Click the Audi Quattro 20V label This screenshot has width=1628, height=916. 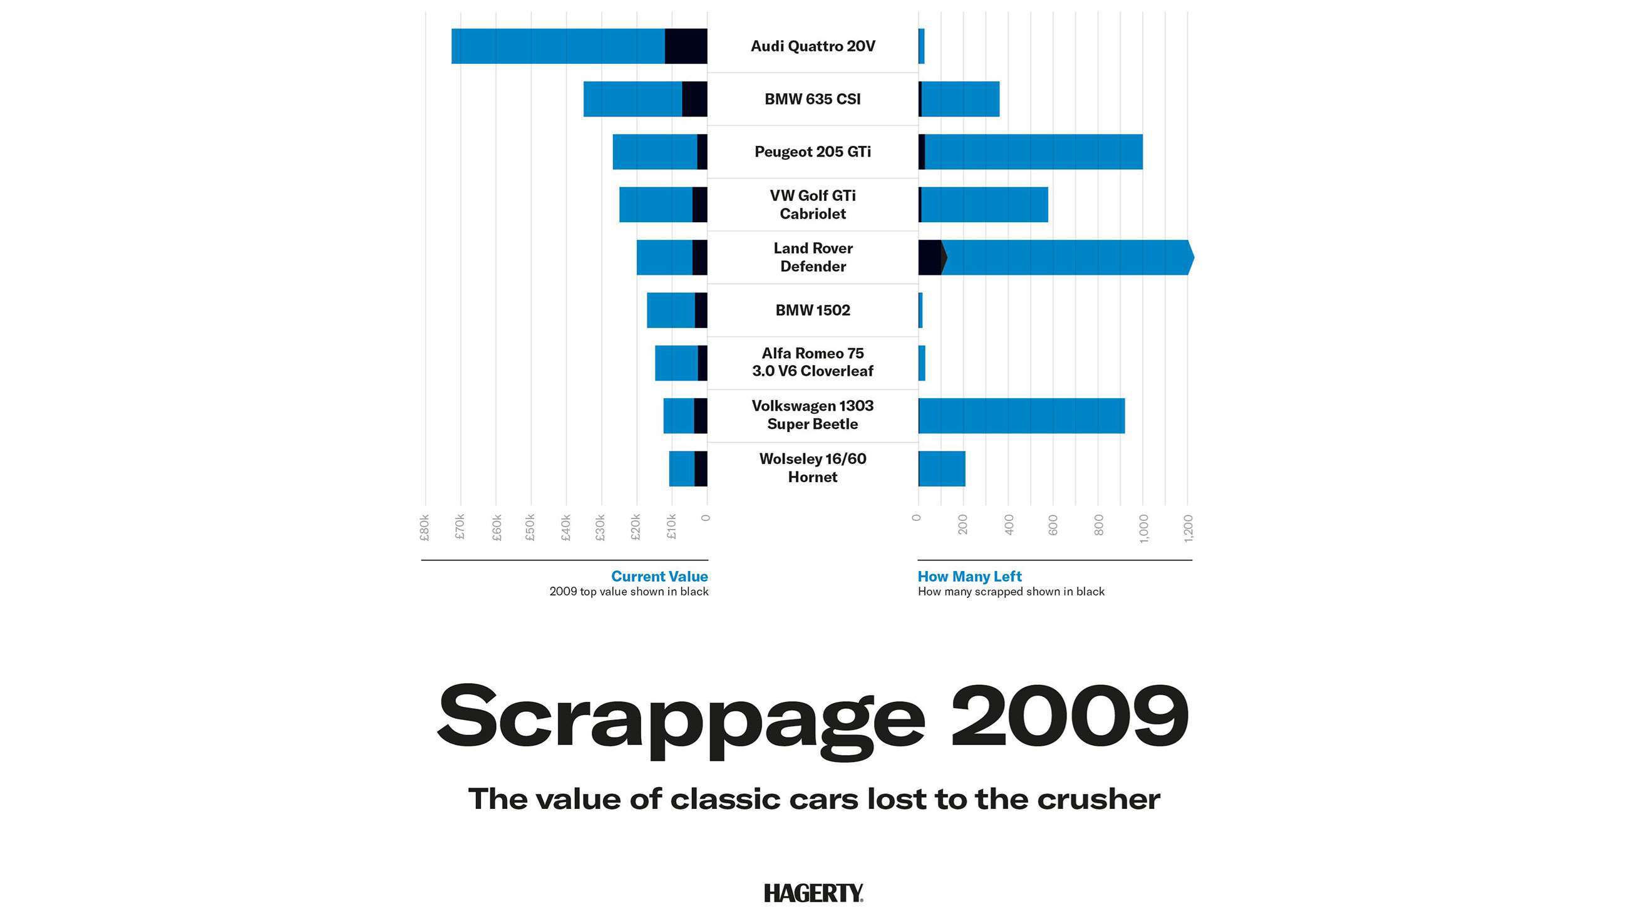tap(813, 46)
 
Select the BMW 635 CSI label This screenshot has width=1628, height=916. tap(813, 100)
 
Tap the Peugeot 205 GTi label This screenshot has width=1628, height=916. tap(813, 152)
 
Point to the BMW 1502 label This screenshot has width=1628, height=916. tap(813, 311)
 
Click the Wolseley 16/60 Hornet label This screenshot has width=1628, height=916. tap(813, 468)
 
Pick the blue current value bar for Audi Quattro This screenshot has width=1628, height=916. tap(558, 46)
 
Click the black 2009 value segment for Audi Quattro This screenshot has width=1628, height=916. tap(686, 46)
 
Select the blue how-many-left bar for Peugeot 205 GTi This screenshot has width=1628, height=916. tap(1033, 152)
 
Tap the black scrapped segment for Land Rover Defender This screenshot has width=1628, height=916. tap(930, 257)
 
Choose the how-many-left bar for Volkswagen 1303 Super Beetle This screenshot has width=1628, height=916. tap(1021, 415)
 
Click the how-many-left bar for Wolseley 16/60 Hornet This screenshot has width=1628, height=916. tap(942, 468)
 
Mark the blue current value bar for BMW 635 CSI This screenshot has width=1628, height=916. tap(632, 100)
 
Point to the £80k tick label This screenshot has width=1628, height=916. tap(425, 527)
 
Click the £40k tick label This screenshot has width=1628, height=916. tap(565, 527)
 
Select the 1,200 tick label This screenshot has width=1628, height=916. tap(1188, 528)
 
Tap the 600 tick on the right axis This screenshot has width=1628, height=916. tap(1053, 525)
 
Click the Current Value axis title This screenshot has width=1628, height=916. tap(659, 577)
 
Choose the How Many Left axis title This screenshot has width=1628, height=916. tap(969, 577)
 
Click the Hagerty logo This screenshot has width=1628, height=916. tap(813, 893)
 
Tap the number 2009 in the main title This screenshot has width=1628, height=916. tap(1069, 716)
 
